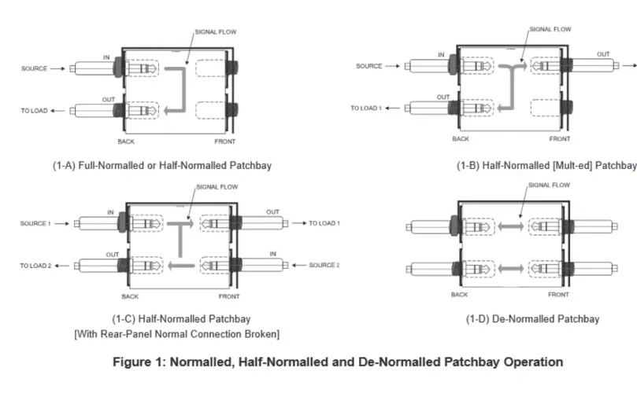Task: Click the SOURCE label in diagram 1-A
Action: tap(35, 69)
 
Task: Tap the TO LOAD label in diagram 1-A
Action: tap(34, 111)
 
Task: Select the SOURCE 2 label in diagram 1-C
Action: tap(324, 265)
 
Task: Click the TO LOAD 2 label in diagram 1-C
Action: tap(35, 266)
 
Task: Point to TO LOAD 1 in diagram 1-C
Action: tap(324, 224)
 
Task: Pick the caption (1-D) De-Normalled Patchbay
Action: tap(533, 318)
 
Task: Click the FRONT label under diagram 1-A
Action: tap(225, 141)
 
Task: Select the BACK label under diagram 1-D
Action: tap(459, 295)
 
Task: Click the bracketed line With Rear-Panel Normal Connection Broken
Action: tap(176, 334)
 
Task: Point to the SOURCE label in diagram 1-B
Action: tap(368, 66)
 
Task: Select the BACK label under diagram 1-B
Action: tap(461, 138)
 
